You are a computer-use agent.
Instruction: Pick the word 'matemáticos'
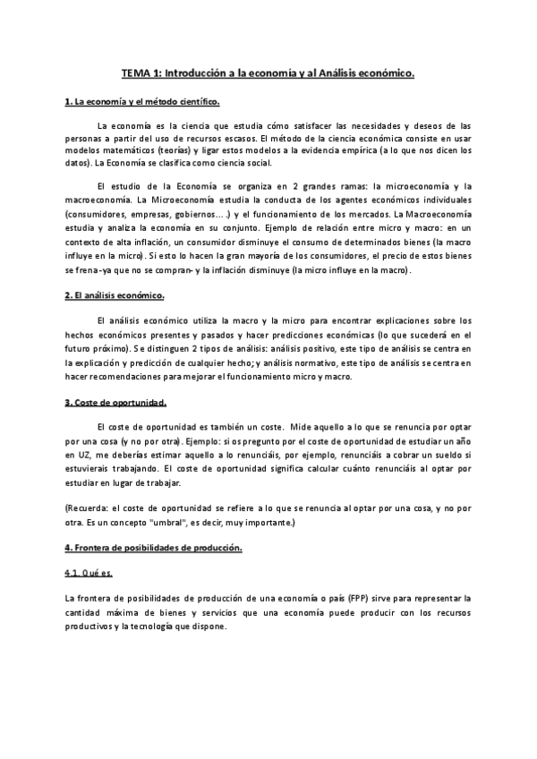coord(130,151)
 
